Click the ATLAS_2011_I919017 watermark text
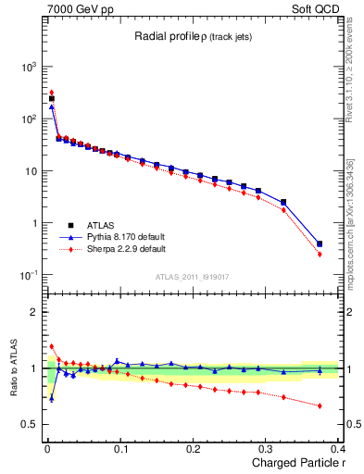[191, 276]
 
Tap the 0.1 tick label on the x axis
[120, 449]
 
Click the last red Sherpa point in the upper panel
[320, 254]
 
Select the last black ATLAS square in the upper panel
[320, 243]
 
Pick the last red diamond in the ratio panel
[320, 405]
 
